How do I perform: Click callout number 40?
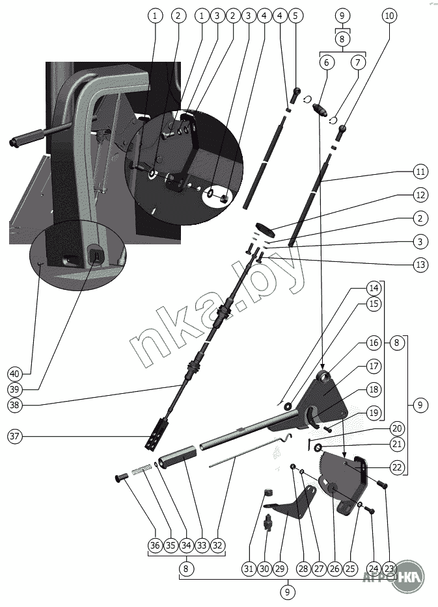14,374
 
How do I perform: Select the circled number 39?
14,389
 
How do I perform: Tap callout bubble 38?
14,404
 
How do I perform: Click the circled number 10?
389,15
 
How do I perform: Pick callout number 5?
295,15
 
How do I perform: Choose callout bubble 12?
420,194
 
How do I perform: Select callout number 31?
249,569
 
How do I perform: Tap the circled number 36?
154,546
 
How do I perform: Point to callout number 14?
373,288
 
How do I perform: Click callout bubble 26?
334,569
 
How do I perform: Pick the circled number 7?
357,63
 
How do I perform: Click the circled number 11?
420,172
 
